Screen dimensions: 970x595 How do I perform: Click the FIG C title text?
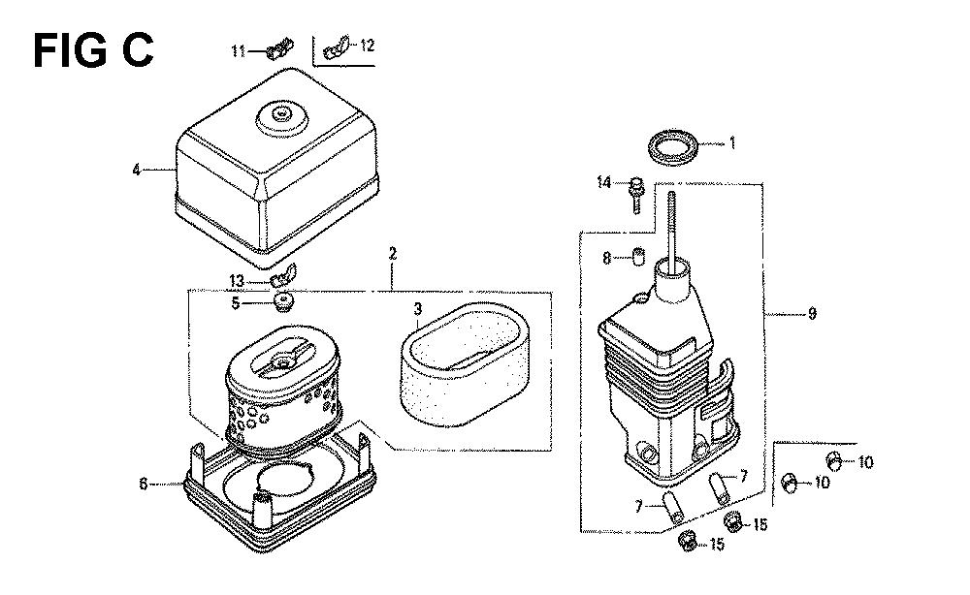(x=93, y=50)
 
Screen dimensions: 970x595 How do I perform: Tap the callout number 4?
(x=137, y=170)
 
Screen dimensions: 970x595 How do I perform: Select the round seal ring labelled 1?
(x=673, y=147)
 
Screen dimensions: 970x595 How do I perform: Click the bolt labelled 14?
(x=635, y=195)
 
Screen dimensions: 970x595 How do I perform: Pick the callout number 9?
(x=812, y=313)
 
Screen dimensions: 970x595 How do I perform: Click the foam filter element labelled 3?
(x=465, y=363)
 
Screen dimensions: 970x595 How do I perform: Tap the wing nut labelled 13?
(x=283, y=274)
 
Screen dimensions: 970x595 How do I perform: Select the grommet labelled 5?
(x=283, y=302)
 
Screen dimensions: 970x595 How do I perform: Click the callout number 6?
(x=144, y=484)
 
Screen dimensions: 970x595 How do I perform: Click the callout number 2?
(x=393, y=253)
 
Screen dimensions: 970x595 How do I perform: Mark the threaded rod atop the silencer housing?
(x=670, y=227)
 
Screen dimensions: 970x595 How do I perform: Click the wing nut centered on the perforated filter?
(x=285, y=358)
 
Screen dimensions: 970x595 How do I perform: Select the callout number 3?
(x=418, y=308)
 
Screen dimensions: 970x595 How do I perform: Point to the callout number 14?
(x=603, y=182)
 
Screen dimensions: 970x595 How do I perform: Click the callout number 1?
(x=732, y=143)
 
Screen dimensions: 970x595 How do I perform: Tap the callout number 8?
(x=607, y=258)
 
